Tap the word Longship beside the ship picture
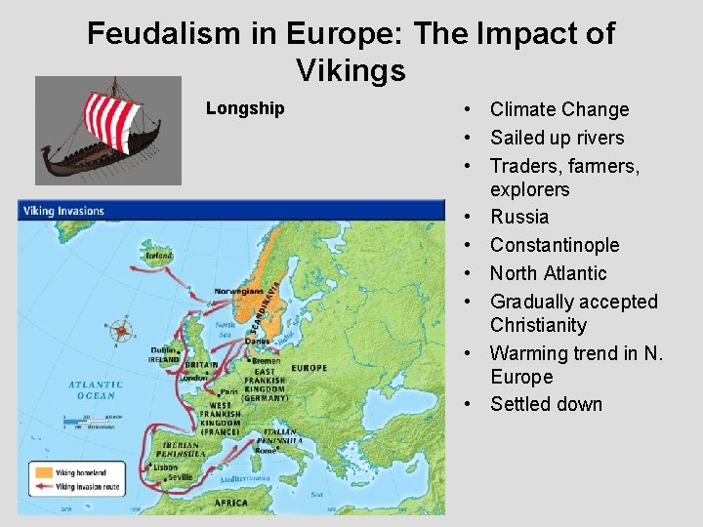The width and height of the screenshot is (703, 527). tap(245, 108)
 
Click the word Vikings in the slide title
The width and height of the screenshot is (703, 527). tap(351, 70)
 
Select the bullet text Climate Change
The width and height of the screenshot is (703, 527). tap(559, 109)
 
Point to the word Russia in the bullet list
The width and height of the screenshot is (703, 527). tap(519, 217)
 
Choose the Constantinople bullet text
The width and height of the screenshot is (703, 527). tap(555, 245)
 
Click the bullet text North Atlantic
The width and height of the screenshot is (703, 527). tap(548, 273)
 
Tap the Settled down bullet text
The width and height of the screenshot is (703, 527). tap(546, 404)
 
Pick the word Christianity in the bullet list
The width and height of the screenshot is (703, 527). tap(538, 325)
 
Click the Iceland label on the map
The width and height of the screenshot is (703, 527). tap(159, 256)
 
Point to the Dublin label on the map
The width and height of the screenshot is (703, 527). tap(163, 350)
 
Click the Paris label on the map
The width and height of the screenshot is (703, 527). tap(230, 389)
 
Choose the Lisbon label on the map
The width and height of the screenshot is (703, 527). tap(166, 467)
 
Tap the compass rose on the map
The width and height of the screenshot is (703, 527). tap(122, 331)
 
